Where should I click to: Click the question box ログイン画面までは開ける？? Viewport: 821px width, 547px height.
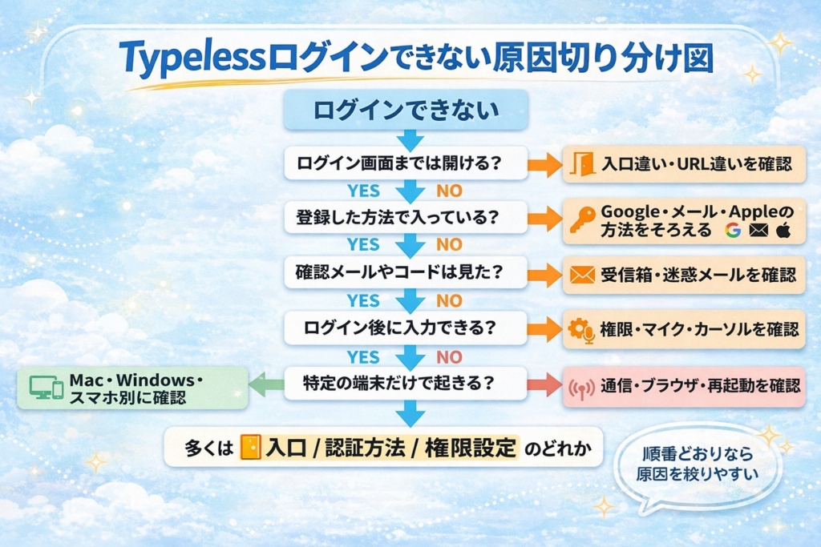pyautogui.click(x=405, y=163)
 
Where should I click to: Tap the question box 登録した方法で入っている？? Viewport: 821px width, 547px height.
pyautogui.click(x=405, y=216)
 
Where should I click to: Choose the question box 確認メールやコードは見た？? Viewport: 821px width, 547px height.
pyautogui.click(x=405, y=272)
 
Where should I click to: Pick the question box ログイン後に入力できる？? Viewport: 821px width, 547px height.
pyautogui.click(x=405, y=328)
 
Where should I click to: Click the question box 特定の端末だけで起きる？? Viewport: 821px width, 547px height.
pyautogui.click(x=405, y=383)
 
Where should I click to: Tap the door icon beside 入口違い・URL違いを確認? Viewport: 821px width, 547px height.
pyautogui.click(x=583, y=164)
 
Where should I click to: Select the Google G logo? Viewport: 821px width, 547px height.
pyautogui.click(x=731, y=231)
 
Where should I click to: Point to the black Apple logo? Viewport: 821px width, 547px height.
pyautogui.click(x=783, y=231)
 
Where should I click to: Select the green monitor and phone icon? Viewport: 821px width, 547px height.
pyautogui.click(x=46, y=388)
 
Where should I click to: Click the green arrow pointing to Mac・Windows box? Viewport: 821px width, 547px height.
pyautogui.click(x=267, y=384)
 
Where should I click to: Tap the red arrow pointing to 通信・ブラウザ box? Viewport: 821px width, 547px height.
pyautogui.click(x=544, y=384)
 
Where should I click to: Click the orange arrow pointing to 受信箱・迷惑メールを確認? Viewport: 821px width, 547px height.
pyautogui.click(x=544, y=274)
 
